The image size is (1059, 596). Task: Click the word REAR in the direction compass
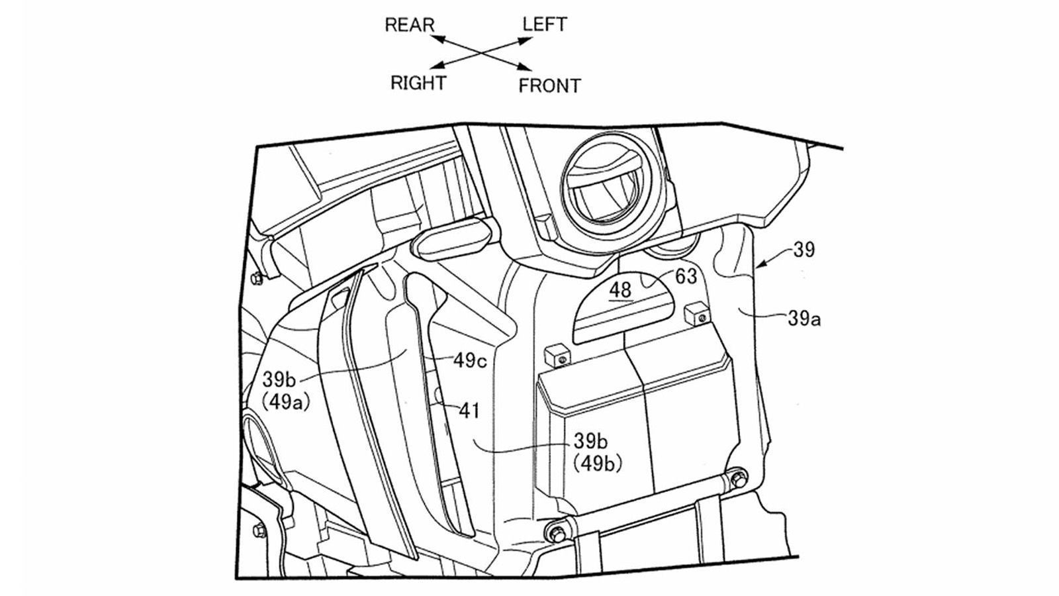click(410, 25)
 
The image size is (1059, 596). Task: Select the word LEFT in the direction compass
click(544, 25)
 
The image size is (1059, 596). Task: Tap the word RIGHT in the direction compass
click(418, 83)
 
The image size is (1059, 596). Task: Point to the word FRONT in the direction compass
click(549, 85)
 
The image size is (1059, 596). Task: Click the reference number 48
click(620, 289)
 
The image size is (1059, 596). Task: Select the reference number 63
click(686, 276)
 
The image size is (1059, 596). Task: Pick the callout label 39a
click(804, 319)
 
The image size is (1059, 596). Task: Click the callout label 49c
click(470, 360)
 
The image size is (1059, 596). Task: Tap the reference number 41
click(469, 411)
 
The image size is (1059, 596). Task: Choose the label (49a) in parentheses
click(286, 401)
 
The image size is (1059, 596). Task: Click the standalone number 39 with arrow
click(804, 250)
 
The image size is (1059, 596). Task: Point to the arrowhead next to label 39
click(762, 266)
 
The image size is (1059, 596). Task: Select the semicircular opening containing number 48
click(625, 311)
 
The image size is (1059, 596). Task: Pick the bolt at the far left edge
click(257, 278)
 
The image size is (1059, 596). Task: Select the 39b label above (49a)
click(279, 379)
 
